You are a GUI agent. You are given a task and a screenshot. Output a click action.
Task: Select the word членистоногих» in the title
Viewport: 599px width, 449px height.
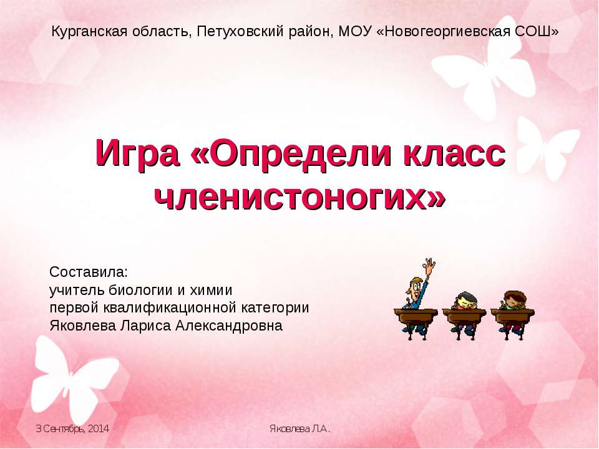coord(299,196)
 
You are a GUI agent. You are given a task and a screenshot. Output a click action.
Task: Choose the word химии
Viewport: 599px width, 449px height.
coord(211,291)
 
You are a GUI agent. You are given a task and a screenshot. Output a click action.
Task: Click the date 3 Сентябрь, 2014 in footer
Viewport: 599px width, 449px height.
coord(72,429)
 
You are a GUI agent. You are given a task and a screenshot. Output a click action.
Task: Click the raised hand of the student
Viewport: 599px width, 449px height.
coord(429,265)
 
